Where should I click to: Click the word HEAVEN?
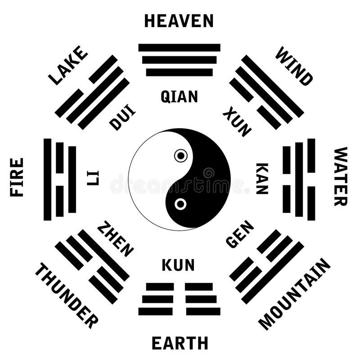point(179,21)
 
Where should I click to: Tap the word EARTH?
point(180,343)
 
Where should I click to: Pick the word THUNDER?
point(66,296)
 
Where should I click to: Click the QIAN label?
point(179,96)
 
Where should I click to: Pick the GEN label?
point(240,234)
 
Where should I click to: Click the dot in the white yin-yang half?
point(180,156)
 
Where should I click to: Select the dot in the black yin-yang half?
point(180,204)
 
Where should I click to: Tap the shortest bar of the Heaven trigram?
point(179,72)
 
